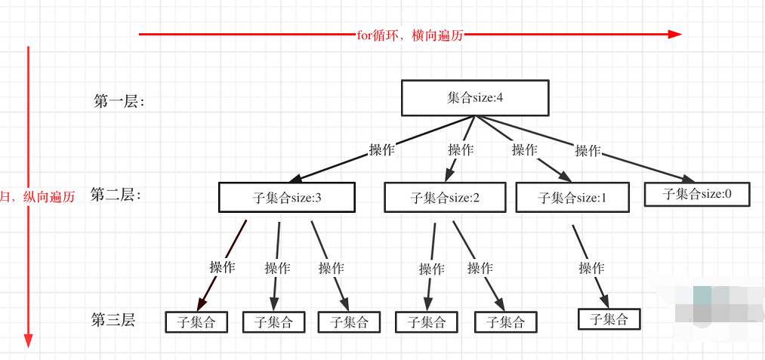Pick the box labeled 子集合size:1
[x=572, y=198]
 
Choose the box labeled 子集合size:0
[x=696, y=193]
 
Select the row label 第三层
[x=113, y=320]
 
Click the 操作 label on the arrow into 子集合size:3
[x=381, y=149]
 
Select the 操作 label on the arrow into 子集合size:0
[x=588, y=150]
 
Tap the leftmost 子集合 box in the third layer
[x=196, y=322]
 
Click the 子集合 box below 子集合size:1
[x=609, y=319]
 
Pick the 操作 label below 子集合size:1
[x=591, y=267]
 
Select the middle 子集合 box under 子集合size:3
[x=273, y=322]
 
